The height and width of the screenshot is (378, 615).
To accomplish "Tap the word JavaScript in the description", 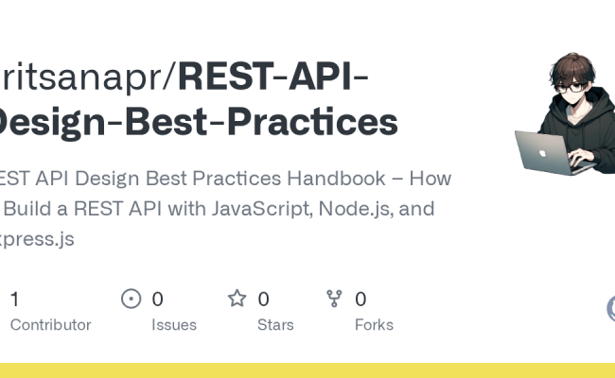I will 281,208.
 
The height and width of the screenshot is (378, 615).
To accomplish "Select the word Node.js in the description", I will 368,208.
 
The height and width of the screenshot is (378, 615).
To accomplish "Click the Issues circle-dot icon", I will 132,300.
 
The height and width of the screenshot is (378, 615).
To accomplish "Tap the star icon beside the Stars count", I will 237,300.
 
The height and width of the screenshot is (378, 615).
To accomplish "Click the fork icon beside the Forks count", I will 334,300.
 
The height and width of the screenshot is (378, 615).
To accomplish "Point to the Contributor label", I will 50,324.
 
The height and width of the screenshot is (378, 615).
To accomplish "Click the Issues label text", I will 174,324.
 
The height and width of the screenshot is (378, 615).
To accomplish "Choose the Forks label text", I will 374,324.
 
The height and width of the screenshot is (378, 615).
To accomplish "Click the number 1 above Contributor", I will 14,300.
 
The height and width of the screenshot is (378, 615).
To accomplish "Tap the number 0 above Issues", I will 158,300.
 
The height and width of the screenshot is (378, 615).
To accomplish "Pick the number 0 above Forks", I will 360,300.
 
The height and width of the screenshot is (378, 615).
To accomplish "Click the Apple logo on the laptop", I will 542,151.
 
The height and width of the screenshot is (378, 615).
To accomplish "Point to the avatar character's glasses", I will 571,88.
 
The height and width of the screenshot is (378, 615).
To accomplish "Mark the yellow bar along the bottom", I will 307,369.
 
